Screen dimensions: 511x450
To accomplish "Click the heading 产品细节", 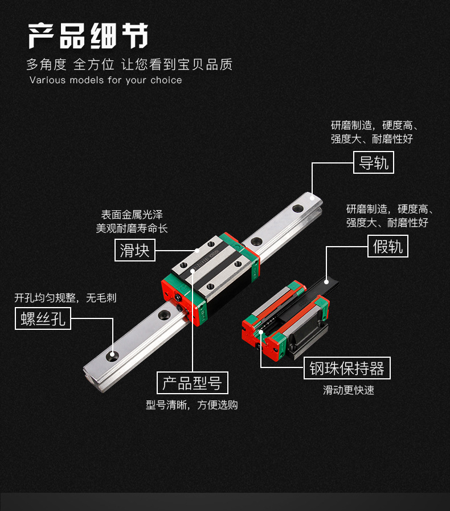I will (x=88, y=37).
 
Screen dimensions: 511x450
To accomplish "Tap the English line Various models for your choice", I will (x=106, y=80).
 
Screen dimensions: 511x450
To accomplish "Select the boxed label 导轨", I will (x=374, y=162).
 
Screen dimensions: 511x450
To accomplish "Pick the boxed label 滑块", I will (x=135, y=250).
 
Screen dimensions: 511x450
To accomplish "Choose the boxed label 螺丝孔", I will (x=43, y=319).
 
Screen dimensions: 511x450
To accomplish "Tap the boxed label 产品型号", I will (x=192, y=383).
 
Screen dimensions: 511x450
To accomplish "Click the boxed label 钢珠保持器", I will (x=347, y=369).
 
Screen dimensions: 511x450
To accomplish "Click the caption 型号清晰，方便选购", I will (x=192, y=405).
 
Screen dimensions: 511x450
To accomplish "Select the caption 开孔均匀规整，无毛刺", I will (x=66, y=297).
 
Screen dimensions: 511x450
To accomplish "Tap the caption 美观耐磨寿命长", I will (x=132, y=228).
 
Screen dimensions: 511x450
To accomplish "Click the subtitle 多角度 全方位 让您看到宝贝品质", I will (x=129, y=64).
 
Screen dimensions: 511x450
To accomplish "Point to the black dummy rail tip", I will (x=327, y=280).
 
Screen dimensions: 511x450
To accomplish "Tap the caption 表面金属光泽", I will (x=132, y=215).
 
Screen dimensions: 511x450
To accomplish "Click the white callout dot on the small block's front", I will (x=261, y=330).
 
